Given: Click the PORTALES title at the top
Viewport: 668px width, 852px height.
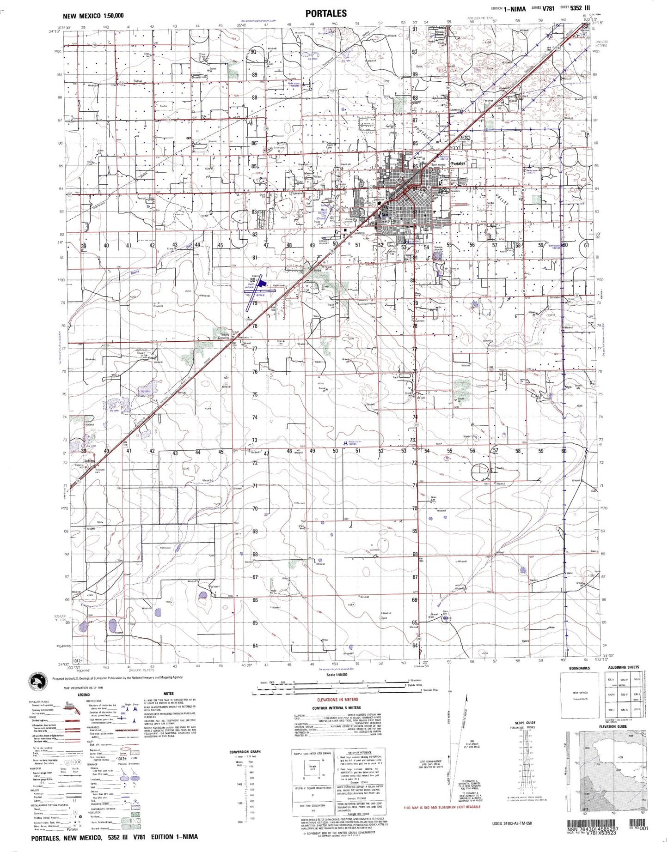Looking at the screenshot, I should coord(325,13).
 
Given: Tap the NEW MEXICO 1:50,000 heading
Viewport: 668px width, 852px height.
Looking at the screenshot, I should coord(93,16).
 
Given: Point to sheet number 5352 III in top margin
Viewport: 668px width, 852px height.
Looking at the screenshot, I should coord(580,8).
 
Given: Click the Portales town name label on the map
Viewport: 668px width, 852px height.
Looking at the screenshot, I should coord(458,163).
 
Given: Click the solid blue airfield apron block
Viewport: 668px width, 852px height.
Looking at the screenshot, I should coord(261,282).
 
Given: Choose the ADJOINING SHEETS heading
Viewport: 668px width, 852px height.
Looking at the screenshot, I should coord(624,668).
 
